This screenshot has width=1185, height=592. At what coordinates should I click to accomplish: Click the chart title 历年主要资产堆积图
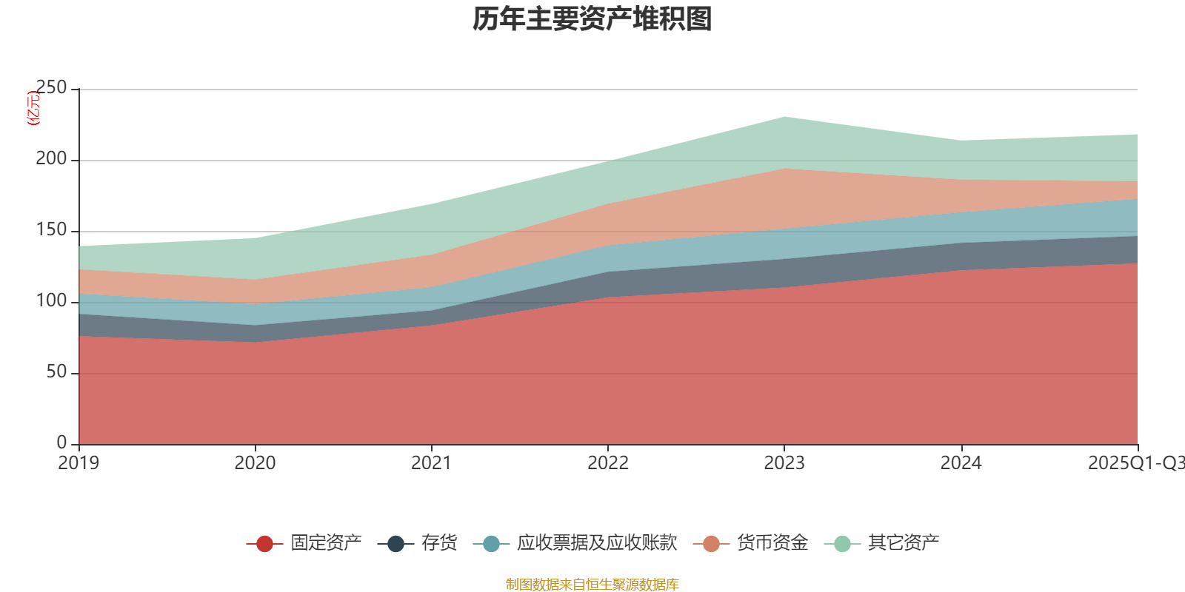pos(592,19)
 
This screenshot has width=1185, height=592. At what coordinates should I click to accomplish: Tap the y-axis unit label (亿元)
pos(33,108)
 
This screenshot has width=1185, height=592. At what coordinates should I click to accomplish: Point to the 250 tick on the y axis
pos(51,88)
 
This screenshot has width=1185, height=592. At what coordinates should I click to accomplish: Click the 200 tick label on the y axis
pos(51,159)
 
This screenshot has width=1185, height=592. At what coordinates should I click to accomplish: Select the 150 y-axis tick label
pos(51,230)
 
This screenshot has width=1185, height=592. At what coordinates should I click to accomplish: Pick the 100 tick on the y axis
pos(51,301)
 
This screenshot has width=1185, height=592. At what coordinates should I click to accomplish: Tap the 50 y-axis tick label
pos(56,372)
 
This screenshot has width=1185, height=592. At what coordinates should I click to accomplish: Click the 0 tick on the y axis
pos(61,443)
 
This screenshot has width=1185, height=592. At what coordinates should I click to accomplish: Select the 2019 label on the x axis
pos(79,463)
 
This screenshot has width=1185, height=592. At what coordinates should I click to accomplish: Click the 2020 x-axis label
pos(255,463)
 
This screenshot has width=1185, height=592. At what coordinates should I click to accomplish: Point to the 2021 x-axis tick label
pos(431,463)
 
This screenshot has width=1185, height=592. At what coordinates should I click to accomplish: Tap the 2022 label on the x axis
pos(608,463)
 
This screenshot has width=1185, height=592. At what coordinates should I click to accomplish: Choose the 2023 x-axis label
pos(784,463)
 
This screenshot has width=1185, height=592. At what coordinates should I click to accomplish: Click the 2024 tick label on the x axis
pos(961,463)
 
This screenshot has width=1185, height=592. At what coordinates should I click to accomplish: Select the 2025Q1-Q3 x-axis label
pos(1135,463)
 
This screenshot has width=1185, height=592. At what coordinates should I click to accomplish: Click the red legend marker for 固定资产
pos(264,544)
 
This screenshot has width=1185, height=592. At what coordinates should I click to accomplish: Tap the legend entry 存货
pos(438,543)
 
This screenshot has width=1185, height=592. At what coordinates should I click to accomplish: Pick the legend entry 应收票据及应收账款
pos(596,543)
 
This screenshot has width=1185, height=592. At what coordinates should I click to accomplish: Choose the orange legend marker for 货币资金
pos(711,544)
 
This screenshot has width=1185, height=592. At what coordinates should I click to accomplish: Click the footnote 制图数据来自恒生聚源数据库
pos(592,585)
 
